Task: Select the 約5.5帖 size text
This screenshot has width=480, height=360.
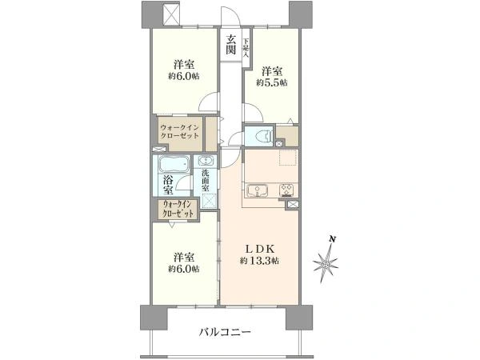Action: click(x=272, y=82)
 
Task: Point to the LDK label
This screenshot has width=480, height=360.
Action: click(x=257, y=248)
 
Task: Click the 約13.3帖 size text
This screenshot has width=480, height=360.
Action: click(x=257, y=261)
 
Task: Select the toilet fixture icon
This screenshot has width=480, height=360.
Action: click(x=259, y=136)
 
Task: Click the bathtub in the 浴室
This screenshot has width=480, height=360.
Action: click(x=174, y=166)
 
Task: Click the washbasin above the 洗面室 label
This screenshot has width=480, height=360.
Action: click(x=206, y=160)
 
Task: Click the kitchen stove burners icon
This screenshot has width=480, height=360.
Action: click(x=286, y=191)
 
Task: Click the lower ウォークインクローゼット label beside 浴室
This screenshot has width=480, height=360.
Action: click(x=178, y=212)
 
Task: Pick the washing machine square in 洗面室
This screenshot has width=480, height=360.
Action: click(x=208, y=201)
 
